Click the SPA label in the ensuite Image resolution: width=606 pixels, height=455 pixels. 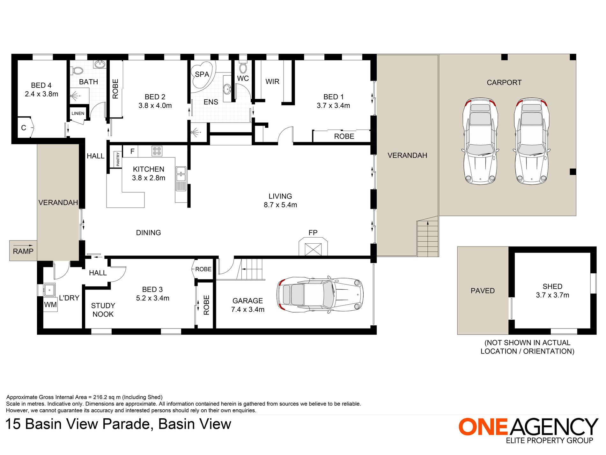[x=202, y=74]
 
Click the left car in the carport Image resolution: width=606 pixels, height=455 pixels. [x=480, y=141]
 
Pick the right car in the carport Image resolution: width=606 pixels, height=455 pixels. [x=531, y=141]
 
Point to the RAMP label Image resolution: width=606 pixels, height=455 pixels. [x=23, y=251]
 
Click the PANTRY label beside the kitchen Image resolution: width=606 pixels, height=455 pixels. [x=118, y=159]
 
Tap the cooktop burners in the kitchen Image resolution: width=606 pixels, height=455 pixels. [x=157, y=151]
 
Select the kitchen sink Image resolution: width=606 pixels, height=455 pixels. [x=181, y=179]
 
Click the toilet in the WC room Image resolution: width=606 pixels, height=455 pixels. [x=243, y=67]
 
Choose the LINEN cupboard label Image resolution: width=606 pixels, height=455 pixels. [x=78, y=113]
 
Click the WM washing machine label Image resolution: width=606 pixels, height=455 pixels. [x=50, y=305]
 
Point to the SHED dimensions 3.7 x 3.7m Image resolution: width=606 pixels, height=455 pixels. [x=552, y=295]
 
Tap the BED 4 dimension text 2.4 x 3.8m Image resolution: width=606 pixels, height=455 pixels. [x=41, y=94]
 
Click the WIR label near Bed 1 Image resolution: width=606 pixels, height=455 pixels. [x=272, y=82]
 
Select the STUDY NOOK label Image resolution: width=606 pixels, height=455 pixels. [x=103, y=310]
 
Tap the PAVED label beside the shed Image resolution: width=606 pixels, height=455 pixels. [x=483, y=291]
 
